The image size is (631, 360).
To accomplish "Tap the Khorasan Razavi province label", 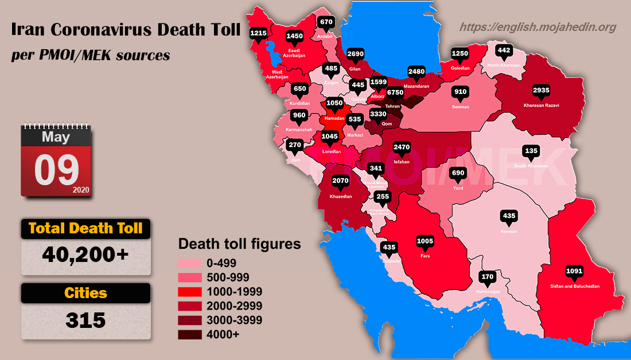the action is pos(541,105).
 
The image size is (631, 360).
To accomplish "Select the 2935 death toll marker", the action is pos(541,91).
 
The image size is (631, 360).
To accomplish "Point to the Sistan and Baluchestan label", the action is pos(575,285).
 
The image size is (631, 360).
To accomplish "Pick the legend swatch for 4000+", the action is pos(189,335).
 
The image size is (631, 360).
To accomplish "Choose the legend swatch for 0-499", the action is pos(189,264).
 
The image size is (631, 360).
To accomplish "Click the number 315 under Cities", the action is pos(86,320).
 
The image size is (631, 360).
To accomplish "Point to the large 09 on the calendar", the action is pos(56,171).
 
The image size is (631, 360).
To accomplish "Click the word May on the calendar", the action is pos(56,137).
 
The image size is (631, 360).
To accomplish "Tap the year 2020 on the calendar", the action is pos(81,190).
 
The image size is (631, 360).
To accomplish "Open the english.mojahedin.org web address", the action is pos(538,27).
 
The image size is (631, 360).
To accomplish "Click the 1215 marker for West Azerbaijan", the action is pos(258,34).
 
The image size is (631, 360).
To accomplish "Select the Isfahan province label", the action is pos(402,162).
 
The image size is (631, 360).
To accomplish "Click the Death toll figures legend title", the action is pos(240,244).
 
